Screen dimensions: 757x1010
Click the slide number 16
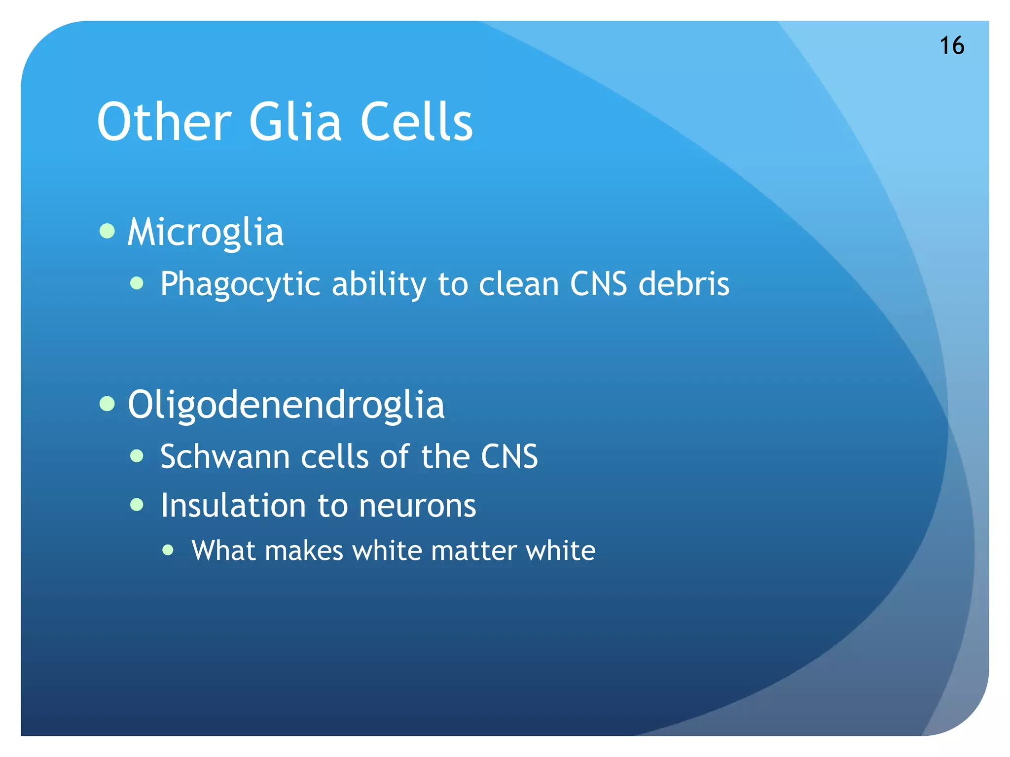951,46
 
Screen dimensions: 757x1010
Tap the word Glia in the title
295,122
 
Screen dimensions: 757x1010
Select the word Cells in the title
416,122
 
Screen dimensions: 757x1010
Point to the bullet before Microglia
107,231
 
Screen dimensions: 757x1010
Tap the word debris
684,284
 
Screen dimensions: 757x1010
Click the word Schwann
225,456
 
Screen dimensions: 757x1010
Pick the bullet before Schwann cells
137,456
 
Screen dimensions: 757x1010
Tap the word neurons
417,506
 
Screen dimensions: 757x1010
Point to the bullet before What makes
168,550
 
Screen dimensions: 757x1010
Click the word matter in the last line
473,551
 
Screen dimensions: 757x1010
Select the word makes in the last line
304,551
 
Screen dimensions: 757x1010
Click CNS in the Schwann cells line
509,456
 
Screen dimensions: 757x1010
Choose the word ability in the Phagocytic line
379,284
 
